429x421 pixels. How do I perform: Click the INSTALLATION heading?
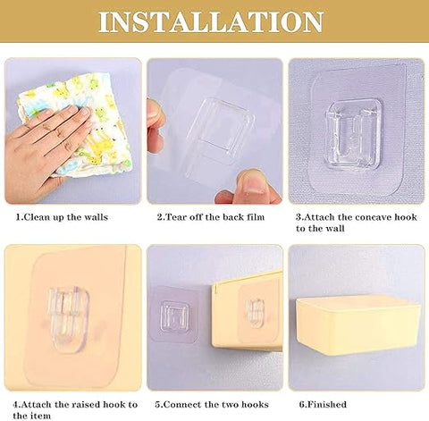click(x=211, y=21)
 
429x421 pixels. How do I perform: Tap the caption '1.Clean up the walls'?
click(x=62, y=217)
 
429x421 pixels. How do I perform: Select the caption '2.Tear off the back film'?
click(x=211, y=217)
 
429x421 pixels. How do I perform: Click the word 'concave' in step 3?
click(x=370, y=217)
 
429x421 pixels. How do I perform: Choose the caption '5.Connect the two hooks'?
click(x=212, y=404)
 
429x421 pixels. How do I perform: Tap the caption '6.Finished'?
click(x=323, y=404)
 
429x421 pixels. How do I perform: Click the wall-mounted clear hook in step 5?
click(x=175, y=316)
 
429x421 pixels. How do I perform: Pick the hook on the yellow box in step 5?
click(x=256, y=313)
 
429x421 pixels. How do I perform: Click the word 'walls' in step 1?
click(x=96, y=217)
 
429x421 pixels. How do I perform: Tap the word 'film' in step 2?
click(x=256, y=217)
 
